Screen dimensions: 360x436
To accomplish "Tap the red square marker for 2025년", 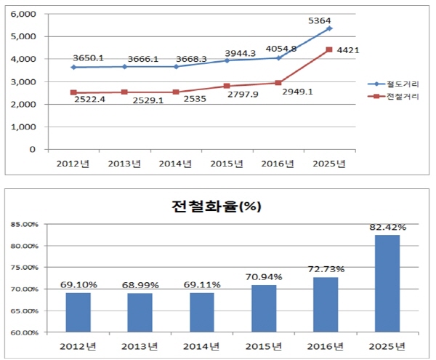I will coord(329,49).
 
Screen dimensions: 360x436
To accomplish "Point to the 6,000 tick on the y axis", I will coord(24,14).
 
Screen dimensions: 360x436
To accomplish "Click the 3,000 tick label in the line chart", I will coord(24,81).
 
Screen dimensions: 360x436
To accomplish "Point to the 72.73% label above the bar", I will coord(326,269).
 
